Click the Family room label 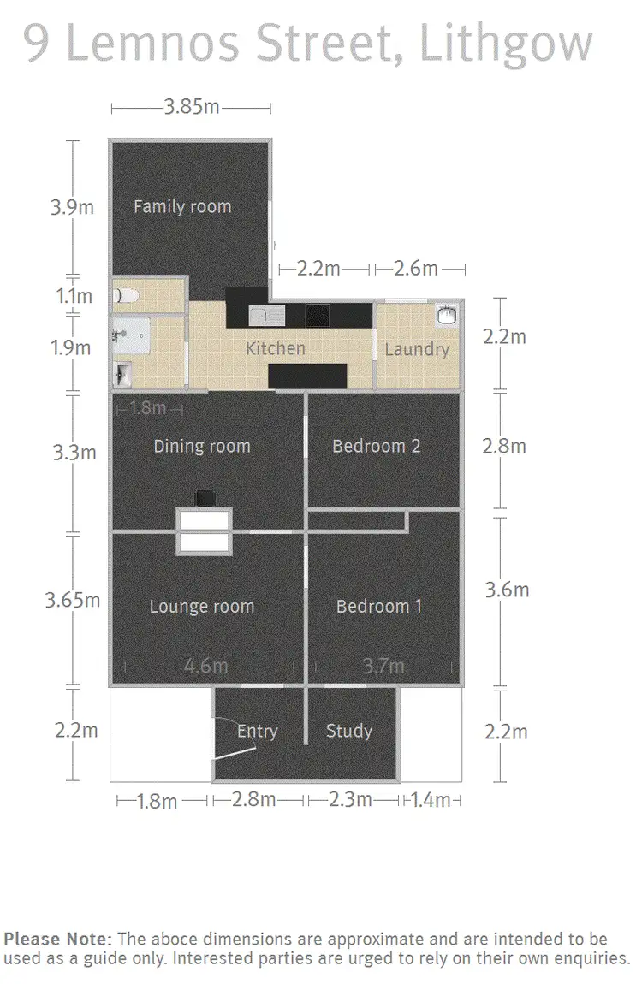(x=181, y=206)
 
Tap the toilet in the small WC (x=126, y=296)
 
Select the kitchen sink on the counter (x=259, y=316)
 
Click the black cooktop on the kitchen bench (x=317, y=316)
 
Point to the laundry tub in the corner (x=445, y=315)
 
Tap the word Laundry (x=416, y=349)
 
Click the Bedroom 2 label (x=376, y=446)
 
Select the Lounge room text (x=202, y=607)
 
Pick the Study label (x=348, y=731)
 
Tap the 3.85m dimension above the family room (x=191, y=108)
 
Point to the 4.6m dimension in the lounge (x=205, y=667)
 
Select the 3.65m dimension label (x=72, y=600)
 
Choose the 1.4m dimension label (x=430, y=801)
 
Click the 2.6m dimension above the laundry (x=416, y=269)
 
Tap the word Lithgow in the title (x=505, y=43)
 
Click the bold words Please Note (x=56, y=938)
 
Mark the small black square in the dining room (x=205, y=497)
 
